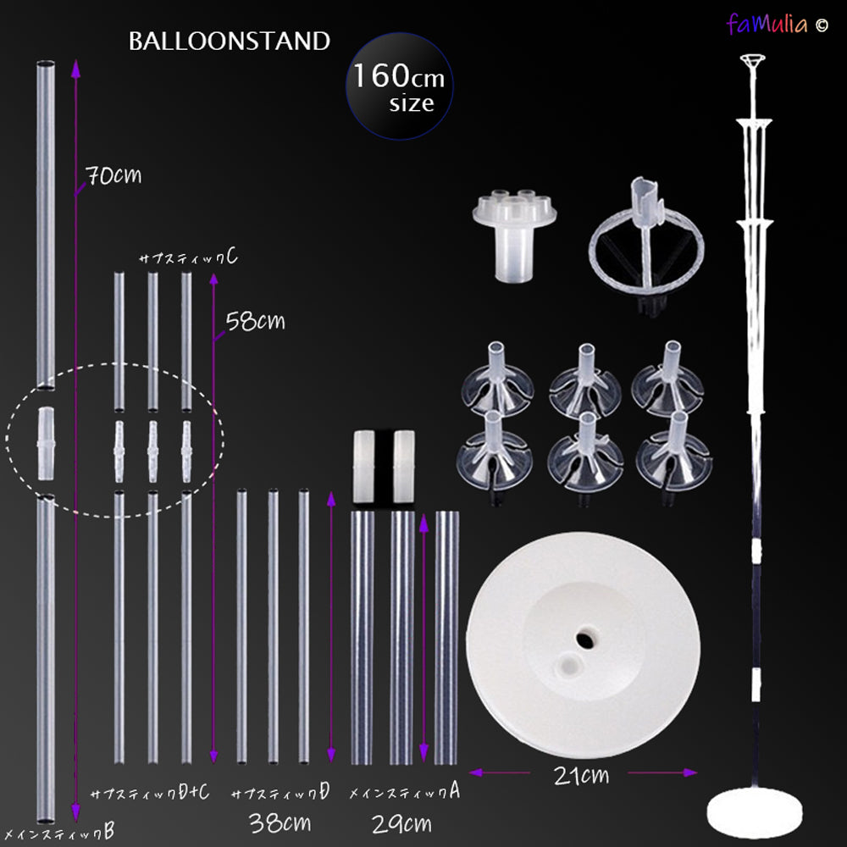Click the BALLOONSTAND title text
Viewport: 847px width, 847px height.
pos(229,42)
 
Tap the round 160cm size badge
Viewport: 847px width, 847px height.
pos(399,86)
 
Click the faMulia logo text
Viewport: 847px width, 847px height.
pos(767,24)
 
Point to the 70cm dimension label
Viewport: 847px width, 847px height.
pos(113,175)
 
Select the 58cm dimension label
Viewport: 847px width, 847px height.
pos(255,321)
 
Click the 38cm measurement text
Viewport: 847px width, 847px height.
pos(280,822)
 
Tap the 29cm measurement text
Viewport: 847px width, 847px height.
pos(401,824)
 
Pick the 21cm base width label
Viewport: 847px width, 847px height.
pos(581,776)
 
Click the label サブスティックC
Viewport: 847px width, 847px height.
pos(188,257)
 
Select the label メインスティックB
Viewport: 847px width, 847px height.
pos(59,832)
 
